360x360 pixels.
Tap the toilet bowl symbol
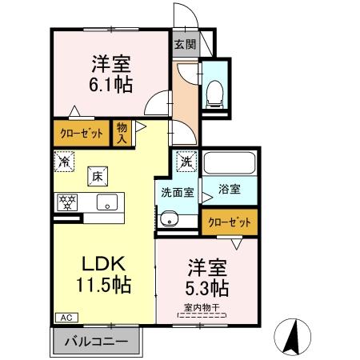[214, 93]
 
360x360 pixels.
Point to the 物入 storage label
[122, 132]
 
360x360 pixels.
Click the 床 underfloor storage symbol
[95, 175]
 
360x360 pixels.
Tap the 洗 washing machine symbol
[186, 160]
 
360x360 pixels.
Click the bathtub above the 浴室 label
[228, 164]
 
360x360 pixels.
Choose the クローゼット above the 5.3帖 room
[230, 222]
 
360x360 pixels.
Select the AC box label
[63, 317]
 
